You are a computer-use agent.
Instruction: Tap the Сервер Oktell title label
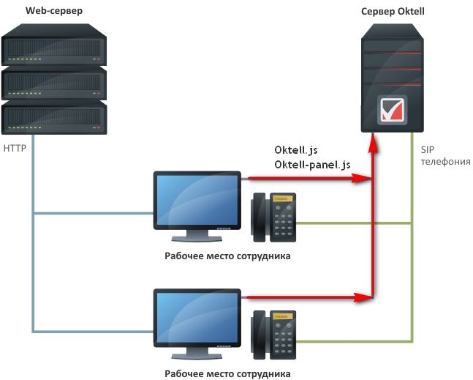tap(393, 11)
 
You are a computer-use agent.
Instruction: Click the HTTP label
tap(15, 148)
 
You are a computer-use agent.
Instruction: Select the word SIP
tap(428, 149)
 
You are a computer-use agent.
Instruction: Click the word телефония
tap(445, 162)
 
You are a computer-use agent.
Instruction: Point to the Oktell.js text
tap(296, 150)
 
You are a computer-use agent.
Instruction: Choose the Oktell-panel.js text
tap(312, 165)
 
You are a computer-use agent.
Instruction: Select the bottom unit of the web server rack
tap(55, 116)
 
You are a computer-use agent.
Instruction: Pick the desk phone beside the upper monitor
tap(275, 217)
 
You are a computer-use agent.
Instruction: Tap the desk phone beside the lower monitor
tap(275, 335)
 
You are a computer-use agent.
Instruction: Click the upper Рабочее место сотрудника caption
tap(227, 256)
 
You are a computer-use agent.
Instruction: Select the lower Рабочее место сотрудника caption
tap(227, 373)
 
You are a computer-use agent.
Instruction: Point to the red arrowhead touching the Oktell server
tap(374, 146)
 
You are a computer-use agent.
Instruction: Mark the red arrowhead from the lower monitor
tap(361, 297)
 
